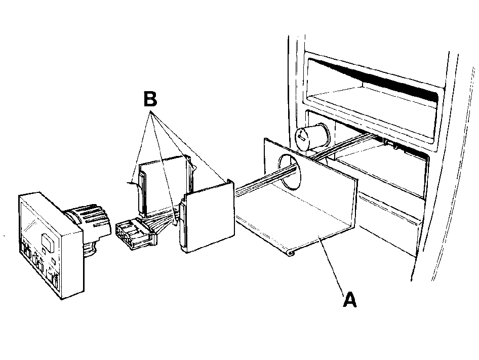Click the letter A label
(350, 300)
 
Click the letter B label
(150, 99)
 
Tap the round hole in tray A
(289, 170)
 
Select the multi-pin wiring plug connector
(135, 234)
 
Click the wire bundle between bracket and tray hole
(265, 180)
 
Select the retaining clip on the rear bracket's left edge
(141, 193)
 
